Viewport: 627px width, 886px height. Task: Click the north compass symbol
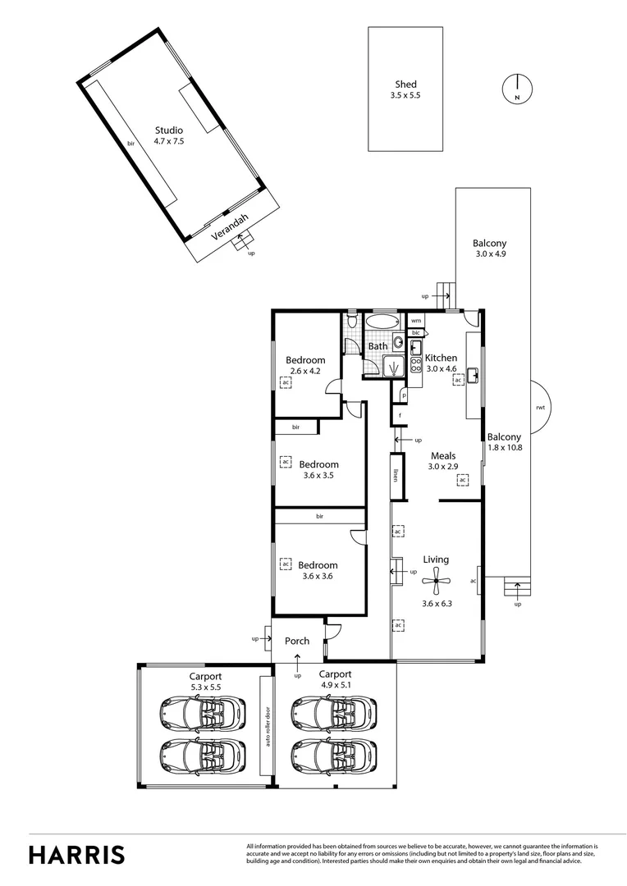pos(517,88)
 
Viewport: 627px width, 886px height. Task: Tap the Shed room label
pos(405,84)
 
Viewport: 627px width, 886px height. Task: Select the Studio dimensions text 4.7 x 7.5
pos(169,141)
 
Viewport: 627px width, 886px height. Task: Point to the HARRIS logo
pos(77,854)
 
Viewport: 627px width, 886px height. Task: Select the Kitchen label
pos(441,358)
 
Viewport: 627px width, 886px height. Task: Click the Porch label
pos(297,641)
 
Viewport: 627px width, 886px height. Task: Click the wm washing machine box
pos(416,320)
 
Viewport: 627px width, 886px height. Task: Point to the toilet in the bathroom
pos(352,322)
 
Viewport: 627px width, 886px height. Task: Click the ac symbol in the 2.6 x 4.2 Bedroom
pos(286,382)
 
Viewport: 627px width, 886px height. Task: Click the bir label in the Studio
pos(130,144)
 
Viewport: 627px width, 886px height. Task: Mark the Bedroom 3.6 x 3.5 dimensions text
pos(318,475)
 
